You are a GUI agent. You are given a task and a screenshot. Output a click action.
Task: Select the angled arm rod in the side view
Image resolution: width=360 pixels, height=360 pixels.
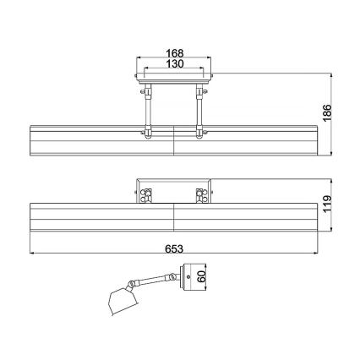click(x=154, y=280)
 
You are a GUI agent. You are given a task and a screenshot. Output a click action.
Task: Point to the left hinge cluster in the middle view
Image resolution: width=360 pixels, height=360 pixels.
click(x=145, y=195)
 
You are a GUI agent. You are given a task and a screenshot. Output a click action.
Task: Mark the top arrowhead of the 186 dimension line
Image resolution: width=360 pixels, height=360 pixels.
click(x=331, y=75)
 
